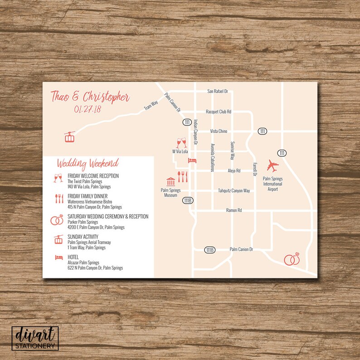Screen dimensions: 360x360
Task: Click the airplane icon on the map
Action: click(x=273, y=165)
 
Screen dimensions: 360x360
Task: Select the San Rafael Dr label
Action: click(x=218, y=91)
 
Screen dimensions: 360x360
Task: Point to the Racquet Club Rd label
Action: click(x=219, y=112)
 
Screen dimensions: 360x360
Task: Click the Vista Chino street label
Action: click(x=219, y=131)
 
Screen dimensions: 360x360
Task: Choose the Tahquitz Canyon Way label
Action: click(x=234, y=191)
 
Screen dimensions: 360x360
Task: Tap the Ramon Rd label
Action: click(x=234, y=210)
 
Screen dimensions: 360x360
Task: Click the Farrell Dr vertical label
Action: click(x=255, y=169)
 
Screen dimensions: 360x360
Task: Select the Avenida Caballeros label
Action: click(x=211, y=158)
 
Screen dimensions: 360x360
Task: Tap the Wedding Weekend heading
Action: click(x=88, y=163)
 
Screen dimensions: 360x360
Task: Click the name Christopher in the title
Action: click(x=107, y=97)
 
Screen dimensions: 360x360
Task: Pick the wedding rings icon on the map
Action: click(x=292, y=259)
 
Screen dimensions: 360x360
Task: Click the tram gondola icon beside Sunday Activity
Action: click(x=58, y=240)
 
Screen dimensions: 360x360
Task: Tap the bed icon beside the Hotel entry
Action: click(x=58, y=258)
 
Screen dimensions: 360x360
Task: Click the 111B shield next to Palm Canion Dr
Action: click(x=209, y=250)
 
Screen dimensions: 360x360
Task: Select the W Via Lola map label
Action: click(x=180, y=151)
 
